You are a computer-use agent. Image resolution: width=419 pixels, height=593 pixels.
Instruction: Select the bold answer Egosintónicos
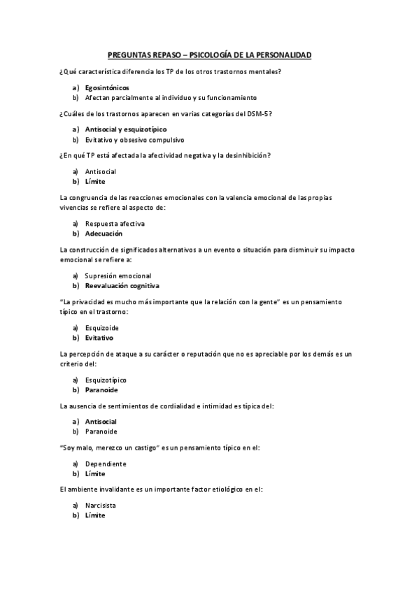[x=106, y=88]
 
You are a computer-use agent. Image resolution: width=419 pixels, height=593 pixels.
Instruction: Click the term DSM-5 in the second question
[x=256, y=113]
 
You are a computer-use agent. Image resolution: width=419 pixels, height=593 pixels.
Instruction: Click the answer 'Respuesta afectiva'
[x=115, y=224]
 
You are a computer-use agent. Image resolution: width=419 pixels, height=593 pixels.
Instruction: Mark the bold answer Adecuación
[x=104, y=234]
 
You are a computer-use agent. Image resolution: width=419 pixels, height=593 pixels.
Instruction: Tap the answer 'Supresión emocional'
[x=118, y=276]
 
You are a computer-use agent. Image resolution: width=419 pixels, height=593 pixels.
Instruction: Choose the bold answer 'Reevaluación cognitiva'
[x=122, y=285]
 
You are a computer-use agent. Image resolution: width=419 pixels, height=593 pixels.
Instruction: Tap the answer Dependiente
[x=106, y=464]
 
